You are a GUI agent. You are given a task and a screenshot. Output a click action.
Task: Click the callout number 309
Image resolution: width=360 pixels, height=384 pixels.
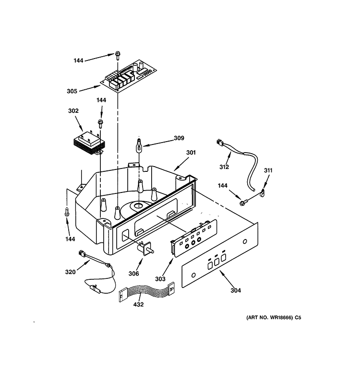[179, 138]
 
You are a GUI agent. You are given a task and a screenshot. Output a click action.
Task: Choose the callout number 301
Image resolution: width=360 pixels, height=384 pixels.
[192, 154]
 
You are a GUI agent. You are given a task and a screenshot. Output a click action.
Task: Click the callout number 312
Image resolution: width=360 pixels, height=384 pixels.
[224, 167]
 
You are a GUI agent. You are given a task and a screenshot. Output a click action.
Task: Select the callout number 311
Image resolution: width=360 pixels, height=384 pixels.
[268, 170]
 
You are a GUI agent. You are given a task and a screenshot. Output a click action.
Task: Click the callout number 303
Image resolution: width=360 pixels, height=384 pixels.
[160, 279]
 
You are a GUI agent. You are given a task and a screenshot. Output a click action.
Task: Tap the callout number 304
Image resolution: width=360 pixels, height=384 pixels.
[236, 290]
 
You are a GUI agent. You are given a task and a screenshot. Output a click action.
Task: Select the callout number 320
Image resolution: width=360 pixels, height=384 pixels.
[71, 273]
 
